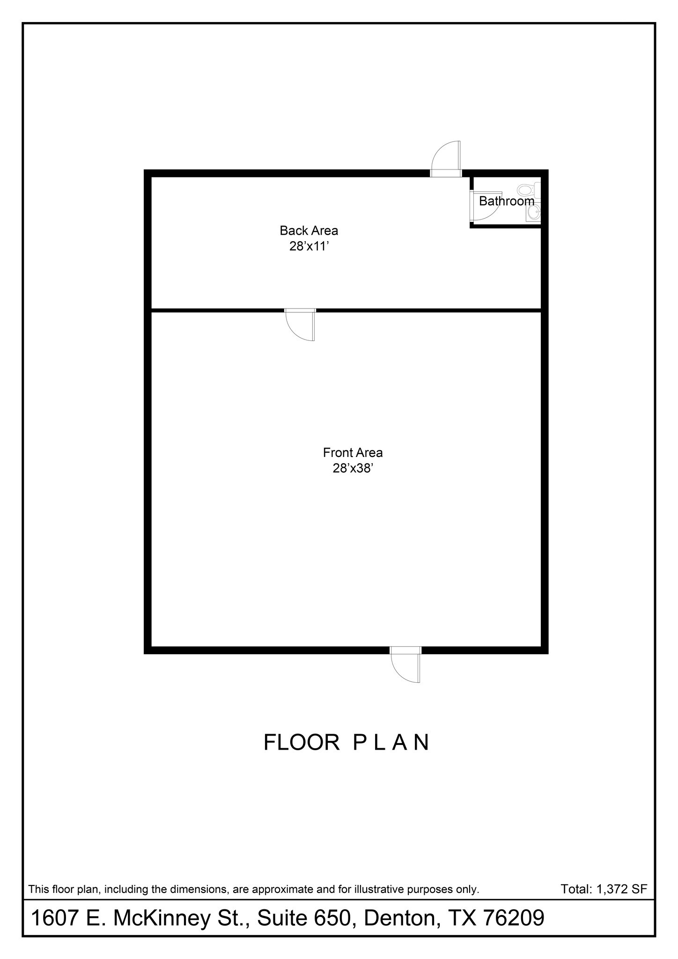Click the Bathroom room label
click(507, 201)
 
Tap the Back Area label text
click(309, 230)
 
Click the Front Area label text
click(353, 453)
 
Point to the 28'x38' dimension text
click(353, 468)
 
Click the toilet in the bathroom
click(526, 190)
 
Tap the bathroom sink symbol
click(533, 214)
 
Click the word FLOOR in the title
click(302, 743)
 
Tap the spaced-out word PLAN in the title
click(391, 743)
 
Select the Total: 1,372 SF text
click(604, 889)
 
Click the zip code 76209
click(513, 918)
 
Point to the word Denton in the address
click(402, 918)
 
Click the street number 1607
click(54, 918)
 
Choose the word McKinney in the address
click(162, 918)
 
